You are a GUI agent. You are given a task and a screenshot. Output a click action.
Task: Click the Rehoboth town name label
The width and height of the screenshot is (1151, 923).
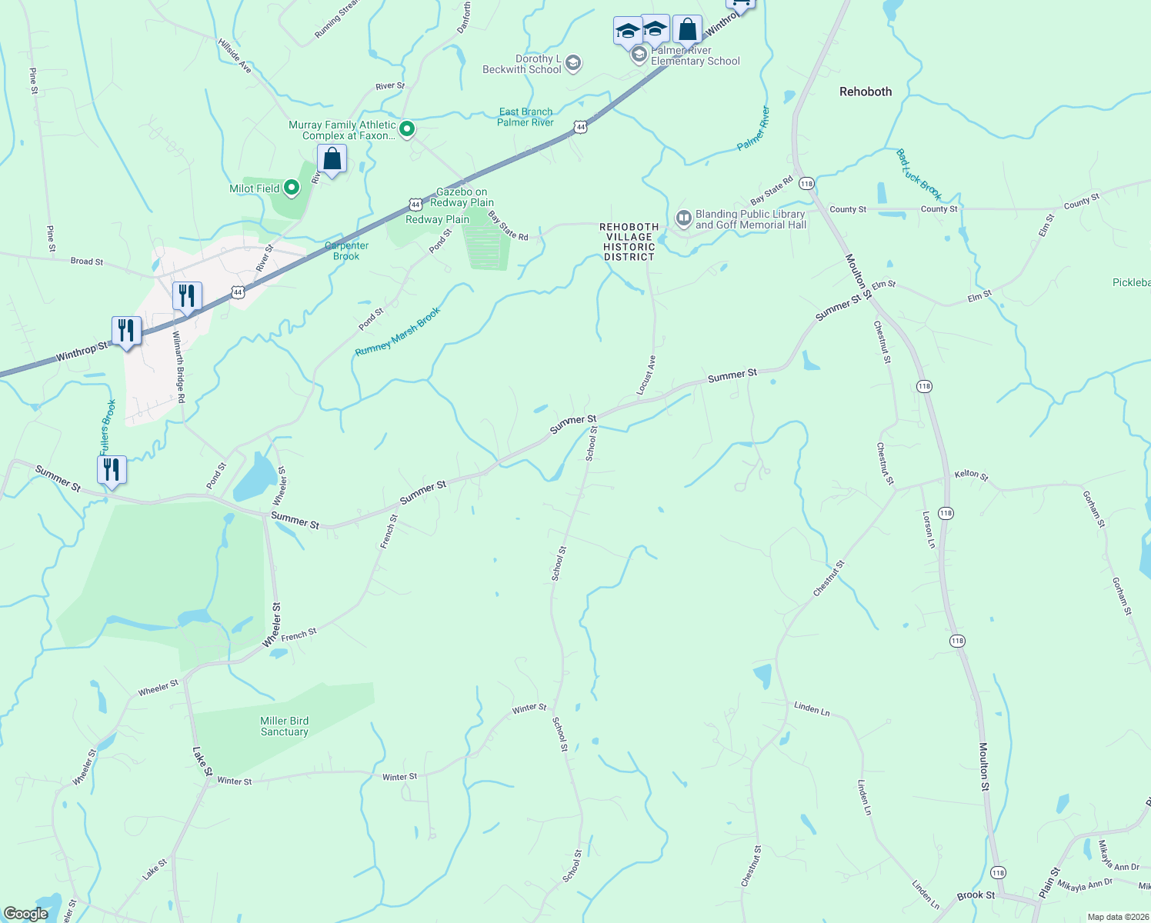click(x=866, y=92)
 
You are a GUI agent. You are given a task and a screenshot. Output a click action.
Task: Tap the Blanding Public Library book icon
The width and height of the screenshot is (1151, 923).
click(x=683, y=219)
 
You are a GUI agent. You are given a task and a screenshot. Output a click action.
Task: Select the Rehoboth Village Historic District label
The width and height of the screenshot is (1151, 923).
click(x=629, y=242)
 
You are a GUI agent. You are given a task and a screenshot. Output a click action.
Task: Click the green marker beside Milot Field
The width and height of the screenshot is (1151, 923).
click(x=292, y=188)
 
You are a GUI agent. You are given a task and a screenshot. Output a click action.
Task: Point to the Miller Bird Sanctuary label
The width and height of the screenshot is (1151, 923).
click(x=285, y=726)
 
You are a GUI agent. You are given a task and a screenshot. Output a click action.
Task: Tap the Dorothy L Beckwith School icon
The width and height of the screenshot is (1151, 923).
click(x=572, y=63)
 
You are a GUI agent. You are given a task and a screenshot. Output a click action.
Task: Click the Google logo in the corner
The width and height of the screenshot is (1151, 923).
click(x=25, y=914)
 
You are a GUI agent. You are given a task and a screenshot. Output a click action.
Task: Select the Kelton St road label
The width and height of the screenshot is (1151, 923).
click(x=971, y=475)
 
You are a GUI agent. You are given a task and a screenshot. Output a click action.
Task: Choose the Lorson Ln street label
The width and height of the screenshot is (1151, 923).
click(x=929, y=528)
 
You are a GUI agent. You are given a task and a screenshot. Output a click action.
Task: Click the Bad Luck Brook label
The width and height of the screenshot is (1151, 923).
click(x=919, y=175)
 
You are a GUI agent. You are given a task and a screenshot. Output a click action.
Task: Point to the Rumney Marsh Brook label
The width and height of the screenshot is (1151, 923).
click(x=398, y=332)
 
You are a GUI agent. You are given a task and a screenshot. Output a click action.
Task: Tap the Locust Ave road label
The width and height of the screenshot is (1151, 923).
click(x=646, y=375)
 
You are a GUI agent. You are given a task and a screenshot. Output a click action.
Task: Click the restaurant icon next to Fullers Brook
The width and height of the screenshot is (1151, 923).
click(x=112, y=469)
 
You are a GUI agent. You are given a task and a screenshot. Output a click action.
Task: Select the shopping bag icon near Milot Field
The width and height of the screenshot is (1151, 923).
click(x=332, y=159)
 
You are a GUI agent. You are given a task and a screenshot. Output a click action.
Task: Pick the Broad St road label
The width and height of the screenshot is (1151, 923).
click(x=87, y=262)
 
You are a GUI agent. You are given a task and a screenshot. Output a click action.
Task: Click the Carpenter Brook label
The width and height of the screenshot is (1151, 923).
click(x=346, y=251)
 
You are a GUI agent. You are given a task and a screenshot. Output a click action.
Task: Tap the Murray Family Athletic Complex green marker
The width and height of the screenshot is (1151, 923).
click(x=408, y=129)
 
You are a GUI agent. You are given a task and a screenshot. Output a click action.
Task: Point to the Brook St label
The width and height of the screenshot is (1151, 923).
click(x=976, y=895)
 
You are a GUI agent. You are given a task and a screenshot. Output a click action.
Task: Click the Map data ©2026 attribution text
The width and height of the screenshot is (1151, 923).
click(x=1116, y=917)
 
